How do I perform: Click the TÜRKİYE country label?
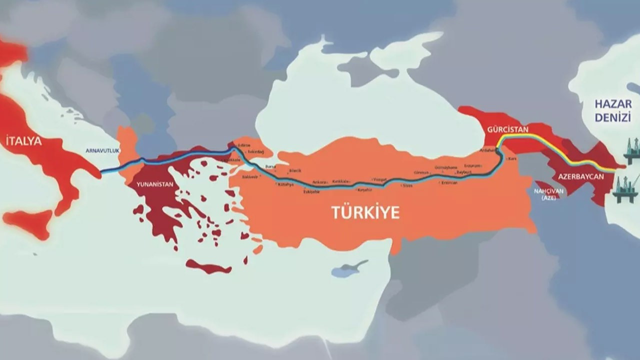click(365, 212)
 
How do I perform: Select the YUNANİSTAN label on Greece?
click(154, 184)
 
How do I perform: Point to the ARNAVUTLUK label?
click(103, 150)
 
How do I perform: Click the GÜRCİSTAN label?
click(507, 129)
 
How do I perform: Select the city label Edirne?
click(244, 145)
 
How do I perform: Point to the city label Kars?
click(512, 158)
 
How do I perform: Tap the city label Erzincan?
click(448, 182)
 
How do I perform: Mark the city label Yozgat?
click(380, 178)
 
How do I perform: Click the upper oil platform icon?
click(631, 150)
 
